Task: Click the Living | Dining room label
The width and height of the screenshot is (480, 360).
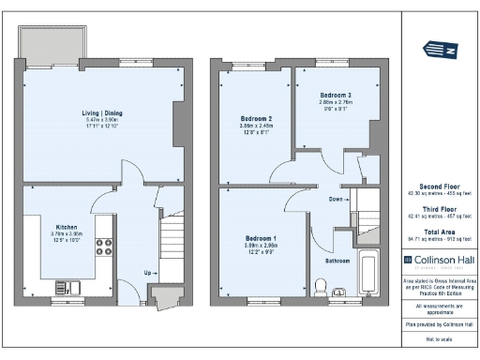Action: (102, 112)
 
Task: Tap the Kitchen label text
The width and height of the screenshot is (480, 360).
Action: (66, 226)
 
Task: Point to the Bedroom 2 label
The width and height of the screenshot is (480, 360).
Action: (256, 119)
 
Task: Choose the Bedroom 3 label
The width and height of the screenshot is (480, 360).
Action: (335, 96)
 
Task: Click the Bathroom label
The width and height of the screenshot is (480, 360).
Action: (337, 260)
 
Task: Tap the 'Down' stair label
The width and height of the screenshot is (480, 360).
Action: (335, 199)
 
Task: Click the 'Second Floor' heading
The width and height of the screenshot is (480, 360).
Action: (439, 186)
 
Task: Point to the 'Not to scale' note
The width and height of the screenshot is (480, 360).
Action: (439, 337)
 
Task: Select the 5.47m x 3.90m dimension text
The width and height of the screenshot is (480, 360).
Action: (102, 120)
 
